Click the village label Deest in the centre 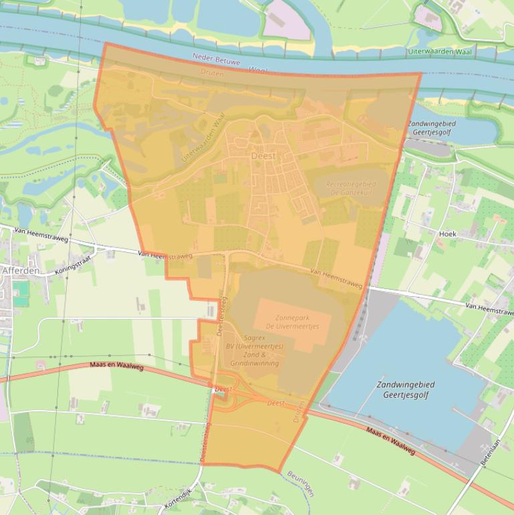[x=263, y=155]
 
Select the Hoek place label [x=447, y=233]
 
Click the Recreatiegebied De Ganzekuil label [x=351, y=188]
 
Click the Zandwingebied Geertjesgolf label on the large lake [x=405, y=390]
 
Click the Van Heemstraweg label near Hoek [x=489, y=305]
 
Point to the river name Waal [x=258, y=69]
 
